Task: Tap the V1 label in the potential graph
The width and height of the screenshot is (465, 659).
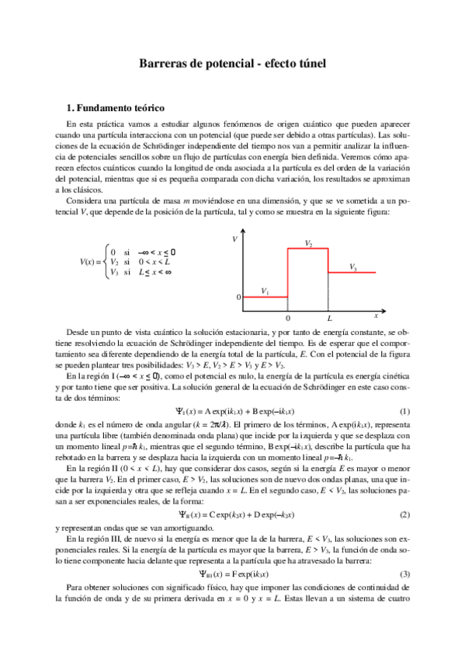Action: pyautogui.click(x=265, y=291)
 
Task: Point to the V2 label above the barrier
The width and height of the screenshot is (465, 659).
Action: pyautogui.click(x=309, y=243)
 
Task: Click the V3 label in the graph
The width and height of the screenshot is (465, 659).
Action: pyautogui.click(x=353, y=267)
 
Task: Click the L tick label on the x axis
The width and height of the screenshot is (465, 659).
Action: pyautogui.click(x=330, y=319)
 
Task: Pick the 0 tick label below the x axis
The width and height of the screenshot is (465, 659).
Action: pyautogui.click(x=288, y=319)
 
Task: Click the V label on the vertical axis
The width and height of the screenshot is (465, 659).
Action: pyautogui.click(x=235, y=239)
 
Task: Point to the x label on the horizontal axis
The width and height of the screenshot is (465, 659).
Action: pyautogui.click(x=376, y=316)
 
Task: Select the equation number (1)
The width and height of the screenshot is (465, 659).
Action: pyautogui.click(x=404, y=410)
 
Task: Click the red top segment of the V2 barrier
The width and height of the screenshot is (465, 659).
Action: pyautogui.click(x=309, y=249)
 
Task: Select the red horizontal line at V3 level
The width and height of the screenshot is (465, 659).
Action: pyautogui.click(x=353, y=273)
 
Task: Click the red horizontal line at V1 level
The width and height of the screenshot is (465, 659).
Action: pyautogui.click(x=265, y=297)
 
